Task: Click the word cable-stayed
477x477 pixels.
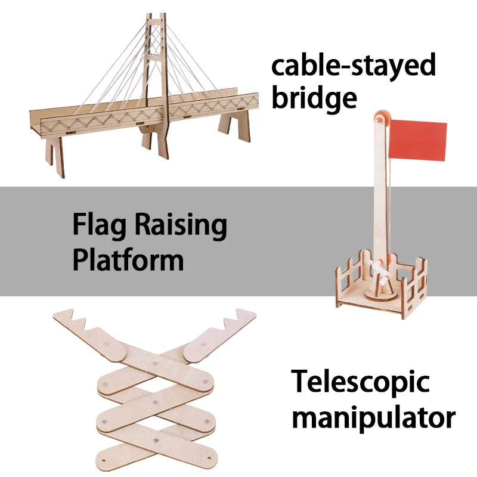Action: (x=354, y=66)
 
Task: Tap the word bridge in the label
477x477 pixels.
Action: (x=314, y=97)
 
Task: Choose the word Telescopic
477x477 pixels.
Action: (x=360, y=382)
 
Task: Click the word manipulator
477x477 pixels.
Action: (x=374, y=417)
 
